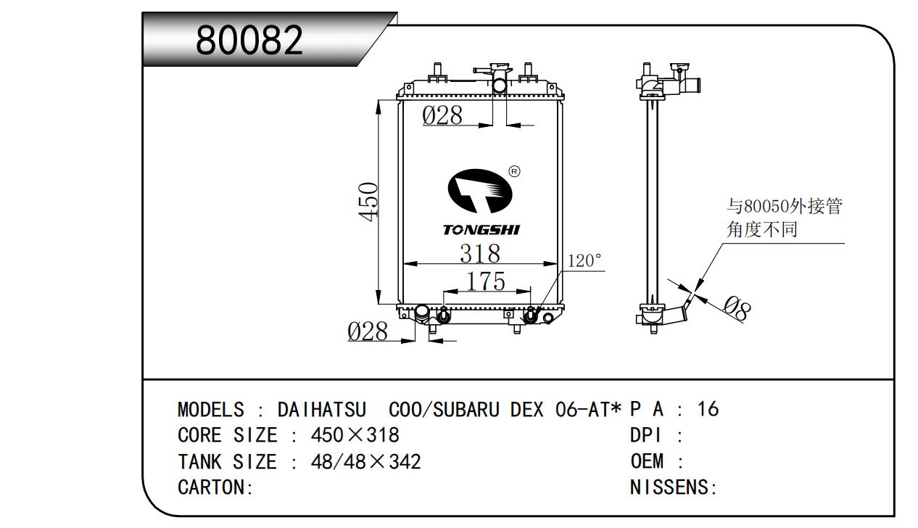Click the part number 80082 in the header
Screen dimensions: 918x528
[249, 40]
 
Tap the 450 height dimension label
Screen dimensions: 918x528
[368, 202]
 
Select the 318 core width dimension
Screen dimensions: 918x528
[480, 253]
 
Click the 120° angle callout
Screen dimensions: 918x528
[584, 260]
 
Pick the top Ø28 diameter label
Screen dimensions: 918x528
[442, 115]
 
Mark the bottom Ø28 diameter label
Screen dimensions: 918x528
[367, 331]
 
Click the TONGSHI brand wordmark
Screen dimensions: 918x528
[481, 230]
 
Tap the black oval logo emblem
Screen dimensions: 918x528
[479, 191]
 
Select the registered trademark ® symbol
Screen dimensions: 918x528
[514, 171]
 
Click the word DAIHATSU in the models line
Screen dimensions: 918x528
[322, 410]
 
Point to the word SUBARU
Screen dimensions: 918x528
[466, 410]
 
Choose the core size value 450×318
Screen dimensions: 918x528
[355, 435]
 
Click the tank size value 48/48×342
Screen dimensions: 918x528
[365, 461]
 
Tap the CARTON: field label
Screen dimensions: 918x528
[215, 487]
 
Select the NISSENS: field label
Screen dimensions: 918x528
[674, 487]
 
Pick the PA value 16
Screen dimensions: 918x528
[708, 409]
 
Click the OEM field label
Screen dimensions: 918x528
[647, 461]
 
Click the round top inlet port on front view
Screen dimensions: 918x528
[500, 86]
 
